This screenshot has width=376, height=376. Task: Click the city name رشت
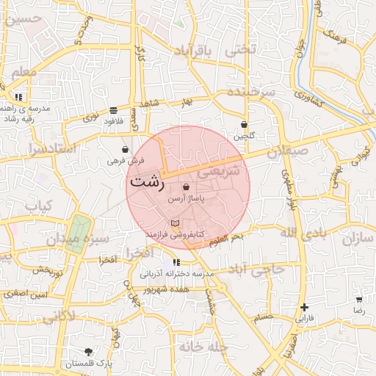(146, 182)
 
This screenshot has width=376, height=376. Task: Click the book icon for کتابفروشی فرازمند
(174, 223)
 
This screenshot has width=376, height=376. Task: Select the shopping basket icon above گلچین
(243, 125)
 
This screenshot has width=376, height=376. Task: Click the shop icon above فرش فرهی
(126, 149)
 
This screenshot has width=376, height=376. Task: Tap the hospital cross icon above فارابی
(304, 308)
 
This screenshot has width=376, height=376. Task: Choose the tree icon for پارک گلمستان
(89, 352)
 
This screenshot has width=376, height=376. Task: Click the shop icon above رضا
(359, 300)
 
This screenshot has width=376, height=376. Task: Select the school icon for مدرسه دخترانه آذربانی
(176, 262)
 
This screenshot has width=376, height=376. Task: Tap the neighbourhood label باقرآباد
(193, 51)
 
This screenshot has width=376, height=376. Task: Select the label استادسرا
(51, 149)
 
